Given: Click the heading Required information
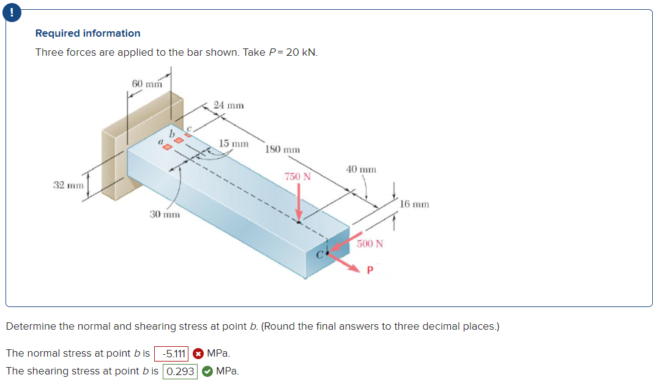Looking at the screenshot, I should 87,33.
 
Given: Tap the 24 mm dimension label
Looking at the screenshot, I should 229,105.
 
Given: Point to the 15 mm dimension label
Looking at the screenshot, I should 234,143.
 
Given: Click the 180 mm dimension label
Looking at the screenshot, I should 283,149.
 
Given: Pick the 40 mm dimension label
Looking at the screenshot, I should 361,169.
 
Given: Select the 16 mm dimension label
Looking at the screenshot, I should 415,203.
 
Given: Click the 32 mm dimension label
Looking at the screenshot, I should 67,185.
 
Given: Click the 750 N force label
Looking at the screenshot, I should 298,176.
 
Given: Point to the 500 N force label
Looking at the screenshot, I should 370,243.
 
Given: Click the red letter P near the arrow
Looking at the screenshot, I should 370,270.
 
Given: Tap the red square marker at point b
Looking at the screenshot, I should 179,141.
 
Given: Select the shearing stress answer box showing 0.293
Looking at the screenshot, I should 180,371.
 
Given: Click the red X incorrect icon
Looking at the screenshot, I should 198,354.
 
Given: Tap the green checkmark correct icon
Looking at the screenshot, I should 207,371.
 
